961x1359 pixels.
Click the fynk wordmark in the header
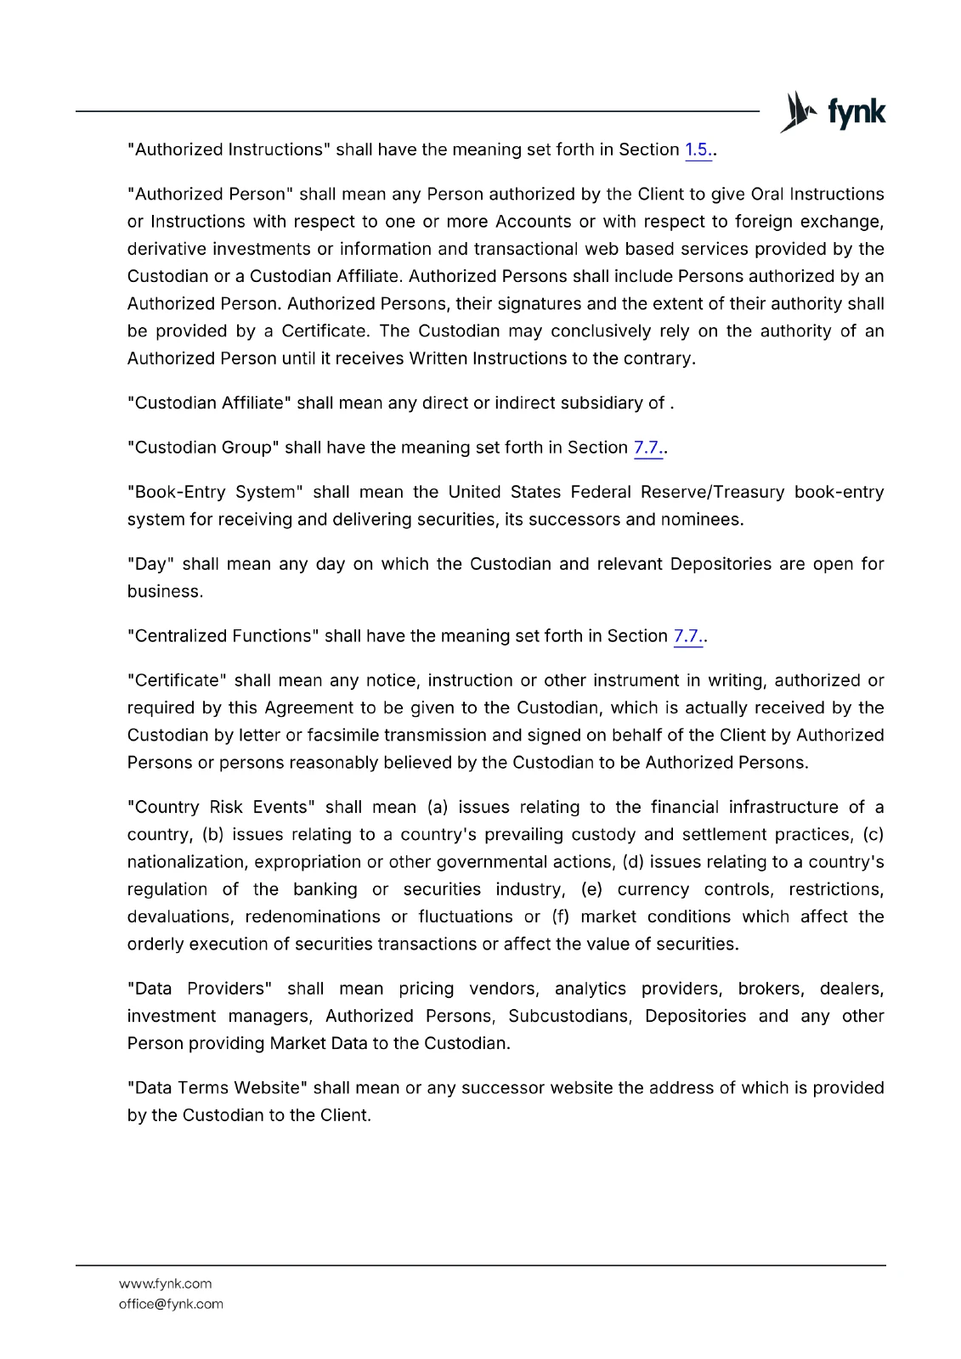856,113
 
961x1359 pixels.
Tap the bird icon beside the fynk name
798,112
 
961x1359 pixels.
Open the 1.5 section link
697,150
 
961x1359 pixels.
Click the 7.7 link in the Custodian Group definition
647,448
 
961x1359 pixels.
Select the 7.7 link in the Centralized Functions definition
687,636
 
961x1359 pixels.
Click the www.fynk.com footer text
166,1283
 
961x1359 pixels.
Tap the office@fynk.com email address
171,1304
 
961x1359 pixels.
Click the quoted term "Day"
150,564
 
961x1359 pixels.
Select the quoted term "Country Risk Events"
221,807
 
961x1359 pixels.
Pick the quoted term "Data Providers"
200,989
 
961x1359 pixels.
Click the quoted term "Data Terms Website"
218,1088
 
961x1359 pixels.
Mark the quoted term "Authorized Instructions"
229,150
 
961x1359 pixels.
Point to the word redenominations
313,917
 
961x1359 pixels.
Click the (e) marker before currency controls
591,889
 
